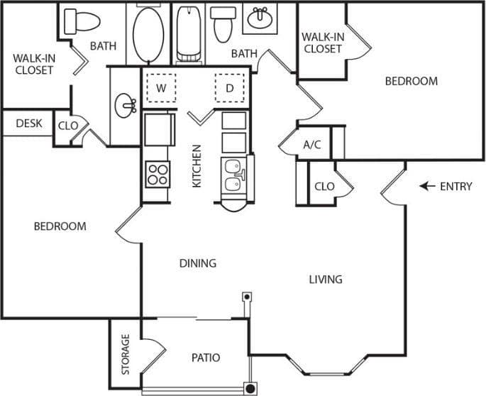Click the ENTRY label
(x=456, y=187)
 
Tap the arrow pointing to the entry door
(x=428, y=187)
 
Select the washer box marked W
(x=161, y=88)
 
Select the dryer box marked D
(x=229, y=88)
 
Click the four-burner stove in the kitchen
(x=158, y=174)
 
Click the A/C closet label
(x=312, y=145)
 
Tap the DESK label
(x=29, y=123)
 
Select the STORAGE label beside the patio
(x=126, y=354)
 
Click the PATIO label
(x=206, y=358)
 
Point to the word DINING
(x=197, y=263)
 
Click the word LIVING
(x=326, y=279)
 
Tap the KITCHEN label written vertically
(x=197, y=166)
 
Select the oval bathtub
(x=148, y=35)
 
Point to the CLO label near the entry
(x=324, y=187)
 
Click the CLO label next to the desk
(x=68, y=126)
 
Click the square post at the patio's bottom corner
(x=250, y=388)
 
